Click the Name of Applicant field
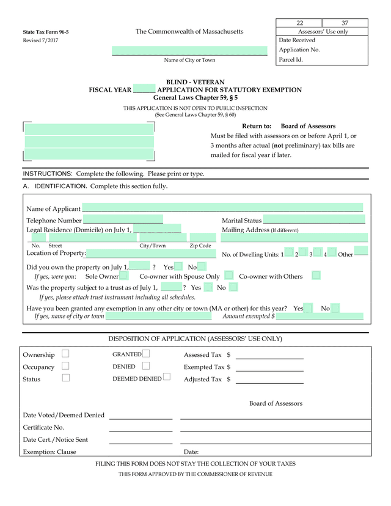pos(222,208)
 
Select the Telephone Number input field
pos(123,220)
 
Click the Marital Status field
pos(313,220)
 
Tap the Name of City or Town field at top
pos(189,51)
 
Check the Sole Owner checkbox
pos(124,276)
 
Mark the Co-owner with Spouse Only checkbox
pos(228,276)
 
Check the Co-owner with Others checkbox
pos(316,276)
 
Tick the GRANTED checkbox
pos(146,354)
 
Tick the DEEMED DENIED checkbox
pos(167,378)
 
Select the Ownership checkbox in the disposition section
pos(65,354)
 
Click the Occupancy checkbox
pos(65,366)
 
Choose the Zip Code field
pos(202,238)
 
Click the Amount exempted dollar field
pos(320,317)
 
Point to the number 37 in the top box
pos(345,23)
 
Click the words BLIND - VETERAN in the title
pos(195,82)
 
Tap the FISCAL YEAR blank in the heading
pos(144,90)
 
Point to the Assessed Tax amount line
pos(269,355)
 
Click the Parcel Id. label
pos(291,60)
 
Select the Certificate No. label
pos(43,427)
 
